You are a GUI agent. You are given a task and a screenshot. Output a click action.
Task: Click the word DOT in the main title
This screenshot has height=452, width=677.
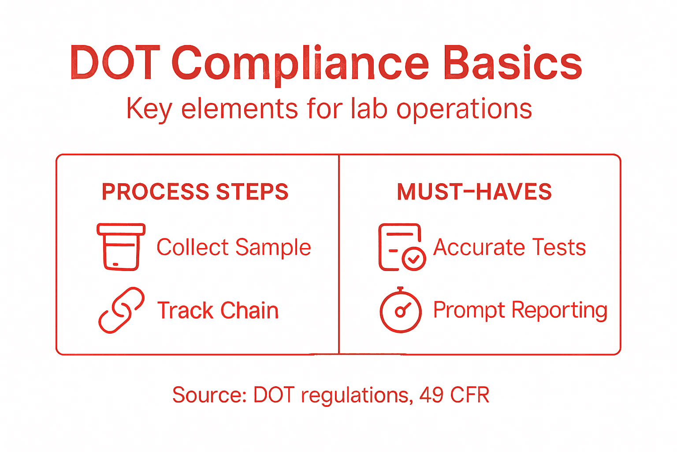tap(115, 63)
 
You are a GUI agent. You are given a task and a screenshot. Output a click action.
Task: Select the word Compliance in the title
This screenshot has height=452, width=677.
tap(300, 64)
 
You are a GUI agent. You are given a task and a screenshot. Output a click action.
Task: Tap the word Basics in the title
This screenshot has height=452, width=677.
tap(513, 63)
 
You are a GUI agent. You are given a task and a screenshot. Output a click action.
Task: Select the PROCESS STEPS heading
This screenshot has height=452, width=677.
tap(195, 192)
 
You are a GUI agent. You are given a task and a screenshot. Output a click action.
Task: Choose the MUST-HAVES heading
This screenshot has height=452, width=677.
tap(474, 192)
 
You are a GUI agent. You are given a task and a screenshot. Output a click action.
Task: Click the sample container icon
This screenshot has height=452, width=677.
tap(121, 247)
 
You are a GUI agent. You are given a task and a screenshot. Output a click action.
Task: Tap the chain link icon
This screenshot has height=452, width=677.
tap(121, 310)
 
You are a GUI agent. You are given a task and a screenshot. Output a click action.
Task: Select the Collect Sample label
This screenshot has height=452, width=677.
tap(234, 247)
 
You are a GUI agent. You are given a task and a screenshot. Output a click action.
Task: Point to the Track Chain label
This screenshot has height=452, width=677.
tap(218, 310)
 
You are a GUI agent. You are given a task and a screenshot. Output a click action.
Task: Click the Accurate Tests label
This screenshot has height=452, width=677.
tap(510, 247)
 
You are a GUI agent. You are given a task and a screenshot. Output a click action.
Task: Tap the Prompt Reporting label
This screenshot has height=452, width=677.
tap(520, 310)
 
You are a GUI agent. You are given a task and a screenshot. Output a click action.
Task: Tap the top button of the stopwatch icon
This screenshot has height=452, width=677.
tap(401, 289)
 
